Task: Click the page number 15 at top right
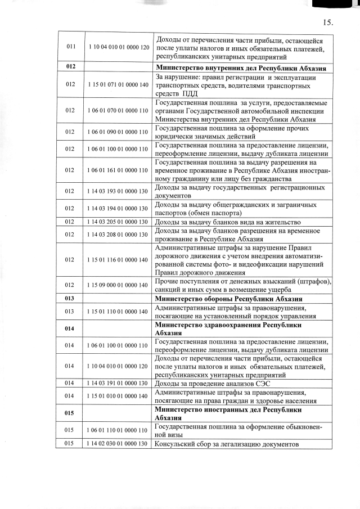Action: [328, 23]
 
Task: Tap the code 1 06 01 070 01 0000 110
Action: [118, 111]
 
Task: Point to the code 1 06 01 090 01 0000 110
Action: [118, 132]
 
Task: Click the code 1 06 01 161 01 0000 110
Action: [118, 170]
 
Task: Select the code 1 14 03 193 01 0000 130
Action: [118, 192]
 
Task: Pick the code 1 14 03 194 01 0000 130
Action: [118, 209]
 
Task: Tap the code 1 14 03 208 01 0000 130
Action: [118, 235]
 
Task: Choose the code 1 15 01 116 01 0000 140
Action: [118, 259]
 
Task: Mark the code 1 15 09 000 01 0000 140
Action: [118, 285]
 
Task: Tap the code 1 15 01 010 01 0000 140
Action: [118, 397]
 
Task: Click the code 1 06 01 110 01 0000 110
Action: [118, 430]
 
